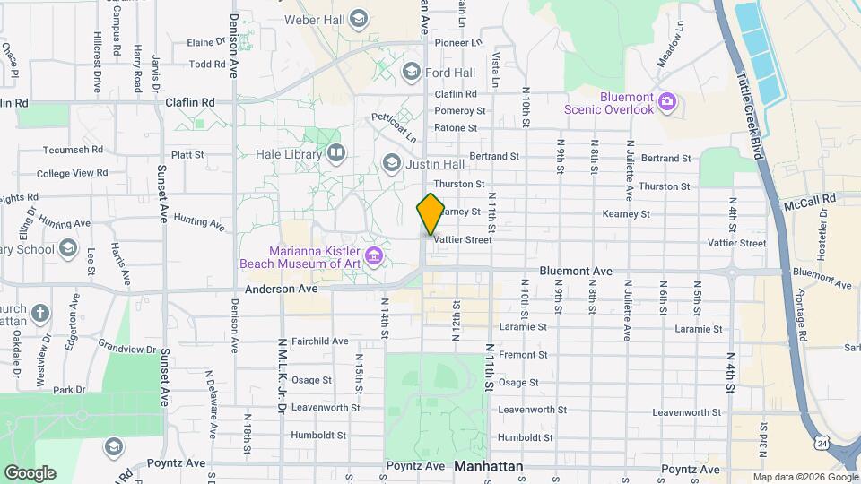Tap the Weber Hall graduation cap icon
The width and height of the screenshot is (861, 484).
tap(359, 19)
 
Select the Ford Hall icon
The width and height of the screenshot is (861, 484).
tap(412, 72)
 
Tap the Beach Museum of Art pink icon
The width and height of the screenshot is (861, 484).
tap(375, 257)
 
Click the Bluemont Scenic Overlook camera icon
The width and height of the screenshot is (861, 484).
tap(666, 100)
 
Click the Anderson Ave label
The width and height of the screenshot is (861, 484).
tap(282, 290)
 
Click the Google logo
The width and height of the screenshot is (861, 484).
tap(30, 472)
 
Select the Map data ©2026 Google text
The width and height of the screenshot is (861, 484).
tap(804, 477)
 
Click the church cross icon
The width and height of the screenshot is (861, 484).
tap(39, 313)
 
